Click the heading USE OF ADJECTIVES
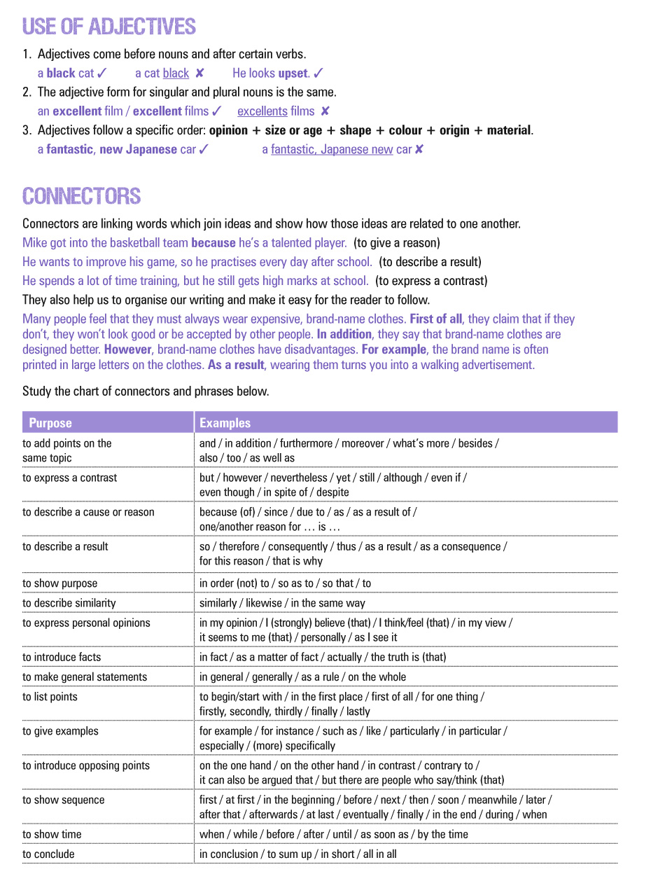[x=109, y=27]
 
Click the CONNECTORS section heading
[x=82, y=196]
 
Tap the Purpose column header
[x=50, y=423]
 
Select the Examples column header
[x=225, y=423]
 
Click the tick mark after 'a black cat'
[x=102, y=73]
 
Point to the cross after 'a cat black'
[x=199, y=73]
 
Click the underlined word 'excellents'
[x=262, y=111]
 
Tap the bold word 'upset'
[x=293, y=73]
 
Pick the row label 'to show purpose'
[x=60, y=583]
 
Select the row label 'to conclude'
[x=48, y=854]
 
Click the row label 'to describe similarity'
[x=69, y=603]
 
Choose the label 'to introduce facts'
[x=62, y=657]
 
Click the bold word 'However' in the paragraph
[x=128, y=349]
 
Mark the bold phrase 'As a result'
[x=236, y=365]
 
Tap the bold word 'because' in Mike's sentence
[x=213, y=243]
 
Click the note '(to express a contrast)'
[x=431, y=281]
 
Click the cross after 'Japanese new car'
[x=419, y=149]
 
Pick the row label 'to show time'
[x=52, y=834]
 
